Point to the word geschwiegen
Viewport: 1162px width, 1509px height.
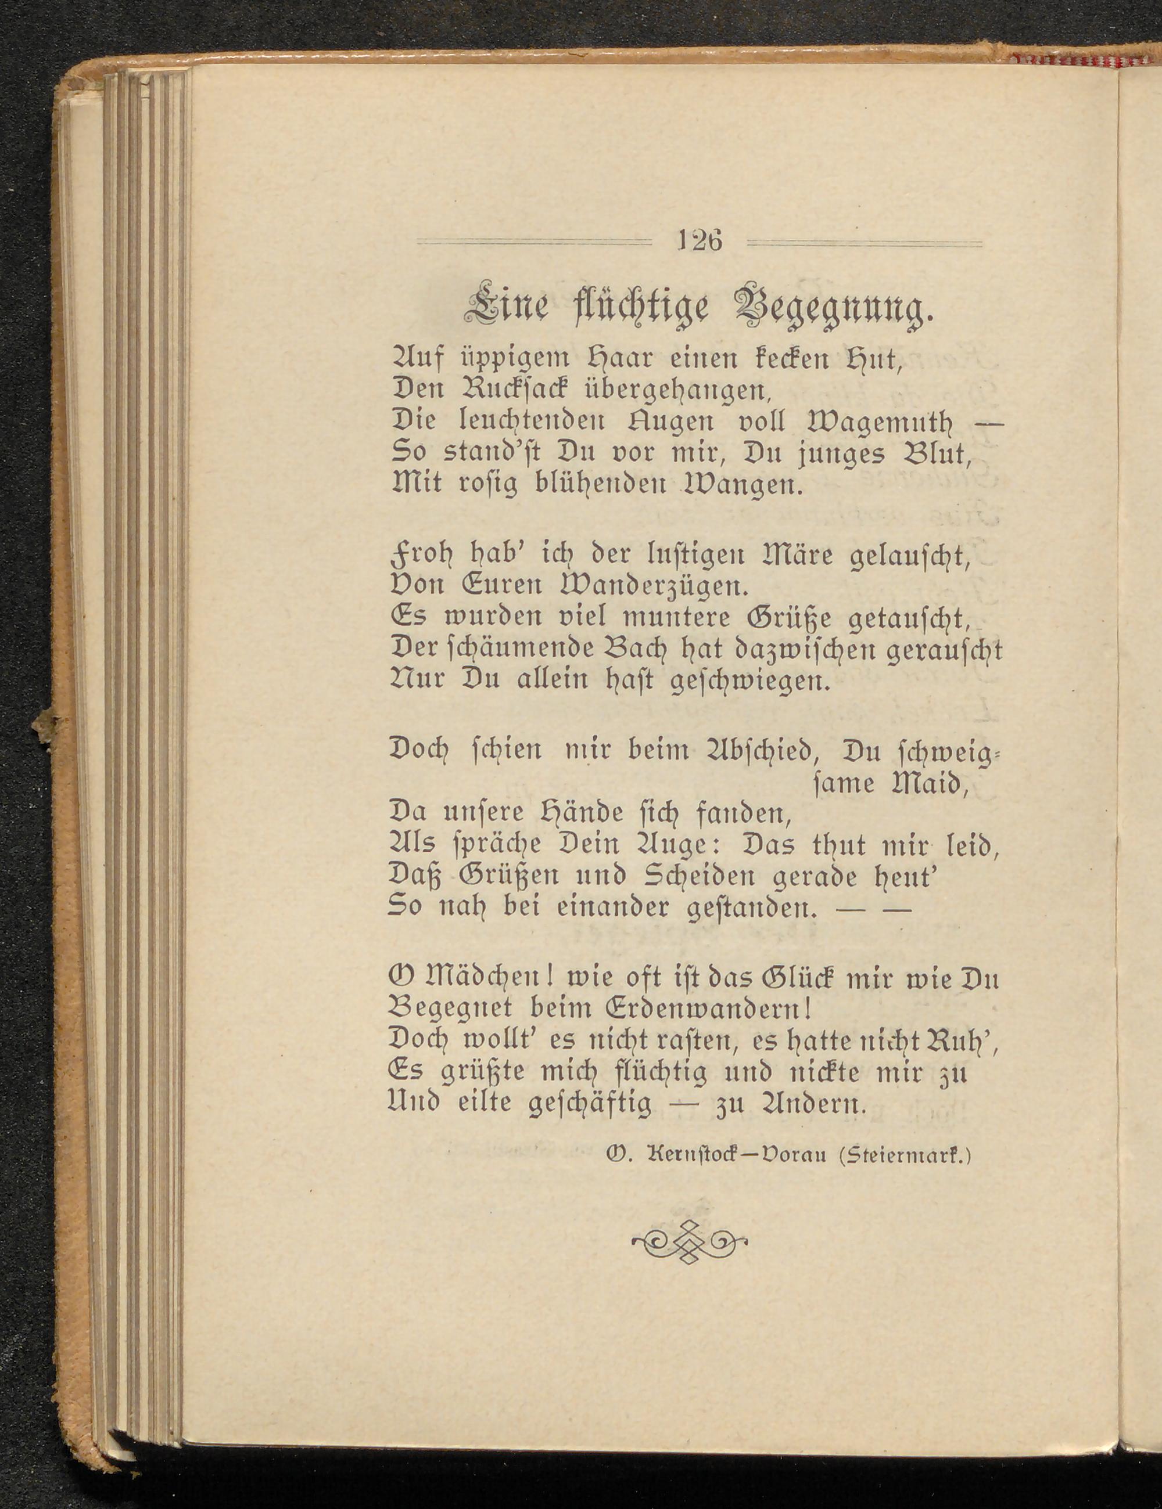[750, 683]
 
